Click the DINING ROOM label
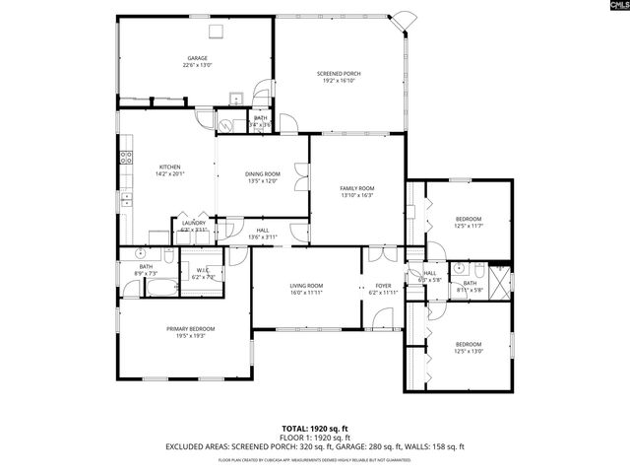pyautogui.click(x=263, y=173)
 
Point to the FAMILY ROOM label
pyautogui.click(x=357, y=188)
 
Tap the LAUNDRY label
pyautogui.click(x=194, y=223)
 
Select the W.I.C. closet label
pyautogui.click(x=204, y=271)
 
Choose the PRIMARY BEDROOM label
pyautogui.click(x=190, y=328)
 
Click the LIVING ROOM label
pyautogui.click(x=306, y=286)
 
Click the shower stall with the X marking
pyautogui.click(x=500, y=282)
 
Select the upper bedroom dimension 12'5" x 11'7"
pyautogui.click(x=468, y=226)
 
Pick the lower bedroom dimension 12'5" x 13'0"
pyautogui.click(x=468, y=351)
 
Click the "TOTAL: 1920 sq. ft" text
pyautogui.click(x=314, y=428)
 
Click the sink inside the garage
pyautogui.click(x=236, y=99)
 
